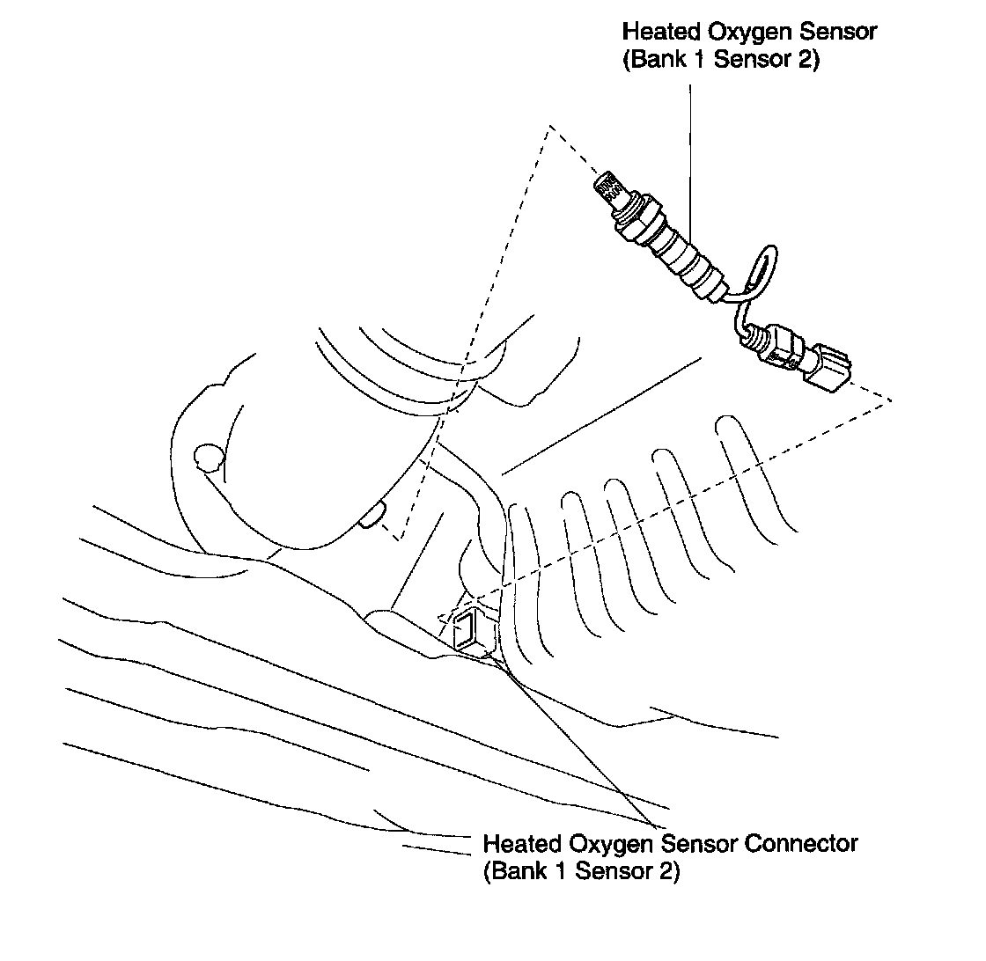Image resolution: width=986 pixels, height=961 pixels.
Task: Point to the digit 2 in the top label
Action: (x=808, y=62)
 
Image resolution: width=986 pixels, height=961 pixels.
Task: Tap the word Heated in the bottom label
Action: (x=522, y=843)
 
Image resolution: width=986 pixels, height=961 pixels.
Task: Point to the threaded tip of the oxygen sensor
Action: (x=607, y=187)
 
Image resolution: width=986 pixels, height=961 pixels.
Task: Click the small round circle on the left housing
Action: (x=209, y=458)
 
